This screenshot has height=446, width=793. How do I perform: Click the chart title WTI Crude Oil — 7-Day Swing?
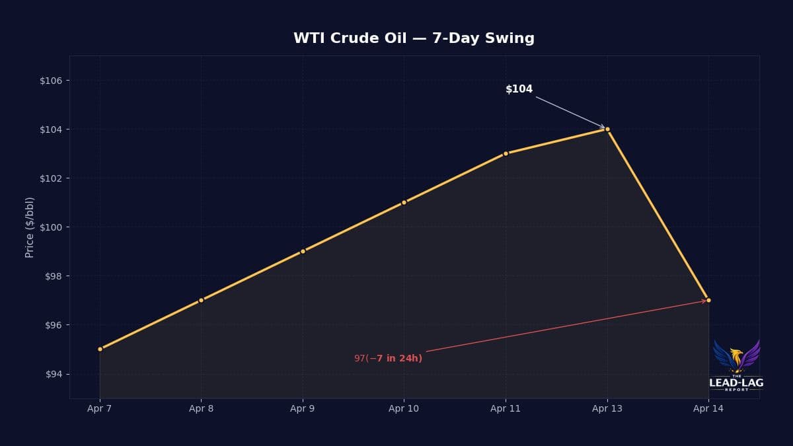[x=414, y=38]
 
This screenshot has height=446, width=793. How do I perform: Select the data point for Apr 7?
[x=100, y=349]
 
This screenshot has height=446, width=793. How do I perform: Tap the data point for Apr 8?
[x=201, y=300]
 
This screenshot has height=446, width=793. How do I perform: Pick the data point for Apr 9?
[x=303, y=251]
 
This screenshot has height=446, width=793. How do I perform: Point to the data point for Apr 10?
[x=404, y=202]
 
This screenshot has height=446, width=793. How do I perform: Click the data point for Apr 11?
[x=506, y=153]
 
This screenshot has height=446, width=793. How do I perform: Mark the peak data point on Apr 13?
[x=607, y=129]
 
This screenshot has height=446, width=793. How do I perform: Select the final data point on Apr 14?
[x=708, y=300]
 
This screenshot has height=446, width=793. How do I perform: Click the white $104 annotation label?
[x=519, y=89]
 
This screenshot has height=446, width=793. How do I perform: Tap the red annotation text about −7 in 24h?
[x=388, y=358]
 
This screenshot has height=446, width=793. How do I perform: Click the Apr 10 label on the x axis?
[x=404, y=408]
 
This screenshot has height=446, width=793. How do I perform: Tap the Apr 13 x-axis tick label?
[x=607, y=408]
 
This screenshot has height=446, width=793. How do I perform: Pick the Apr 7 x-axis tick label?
[x=100, y=408]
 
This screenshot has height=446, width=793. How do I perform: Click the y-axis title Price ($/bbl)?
[x=30, y=227]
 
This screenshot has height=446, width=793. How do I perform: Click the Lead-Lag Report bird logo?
[x=736, y=363]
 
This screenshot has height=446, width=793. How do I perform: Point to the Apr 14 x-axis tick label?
[x=708, y=408]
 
